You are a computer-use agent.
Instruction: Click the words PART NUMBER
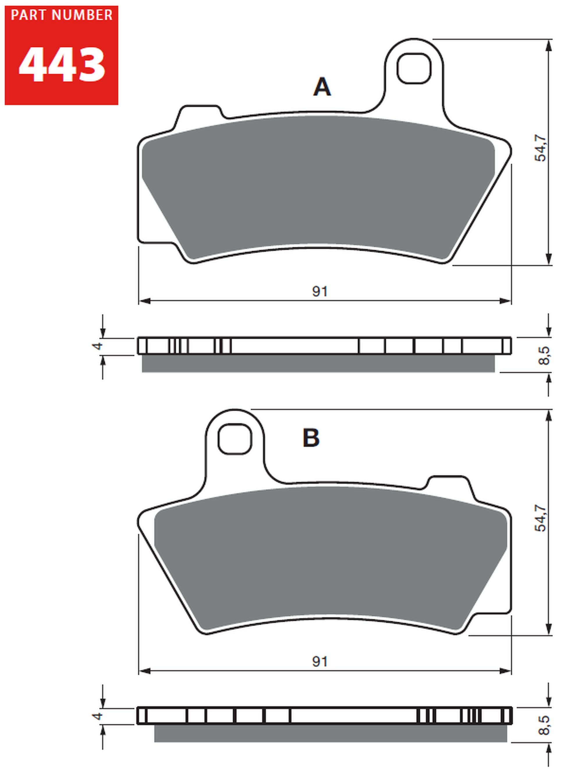62,15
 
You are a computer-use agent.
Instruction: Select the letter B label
311,438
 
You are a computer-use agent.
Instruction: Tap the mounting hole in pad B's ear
235,439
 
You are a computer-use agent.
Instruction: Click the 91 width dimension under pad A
320,291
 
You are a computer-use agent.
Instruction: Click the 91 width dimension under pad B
320,662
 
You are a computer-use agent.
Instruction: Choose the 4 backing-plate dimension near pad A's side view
97,346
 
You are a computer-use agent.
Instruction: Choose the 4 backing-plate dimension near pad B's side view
97,716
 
